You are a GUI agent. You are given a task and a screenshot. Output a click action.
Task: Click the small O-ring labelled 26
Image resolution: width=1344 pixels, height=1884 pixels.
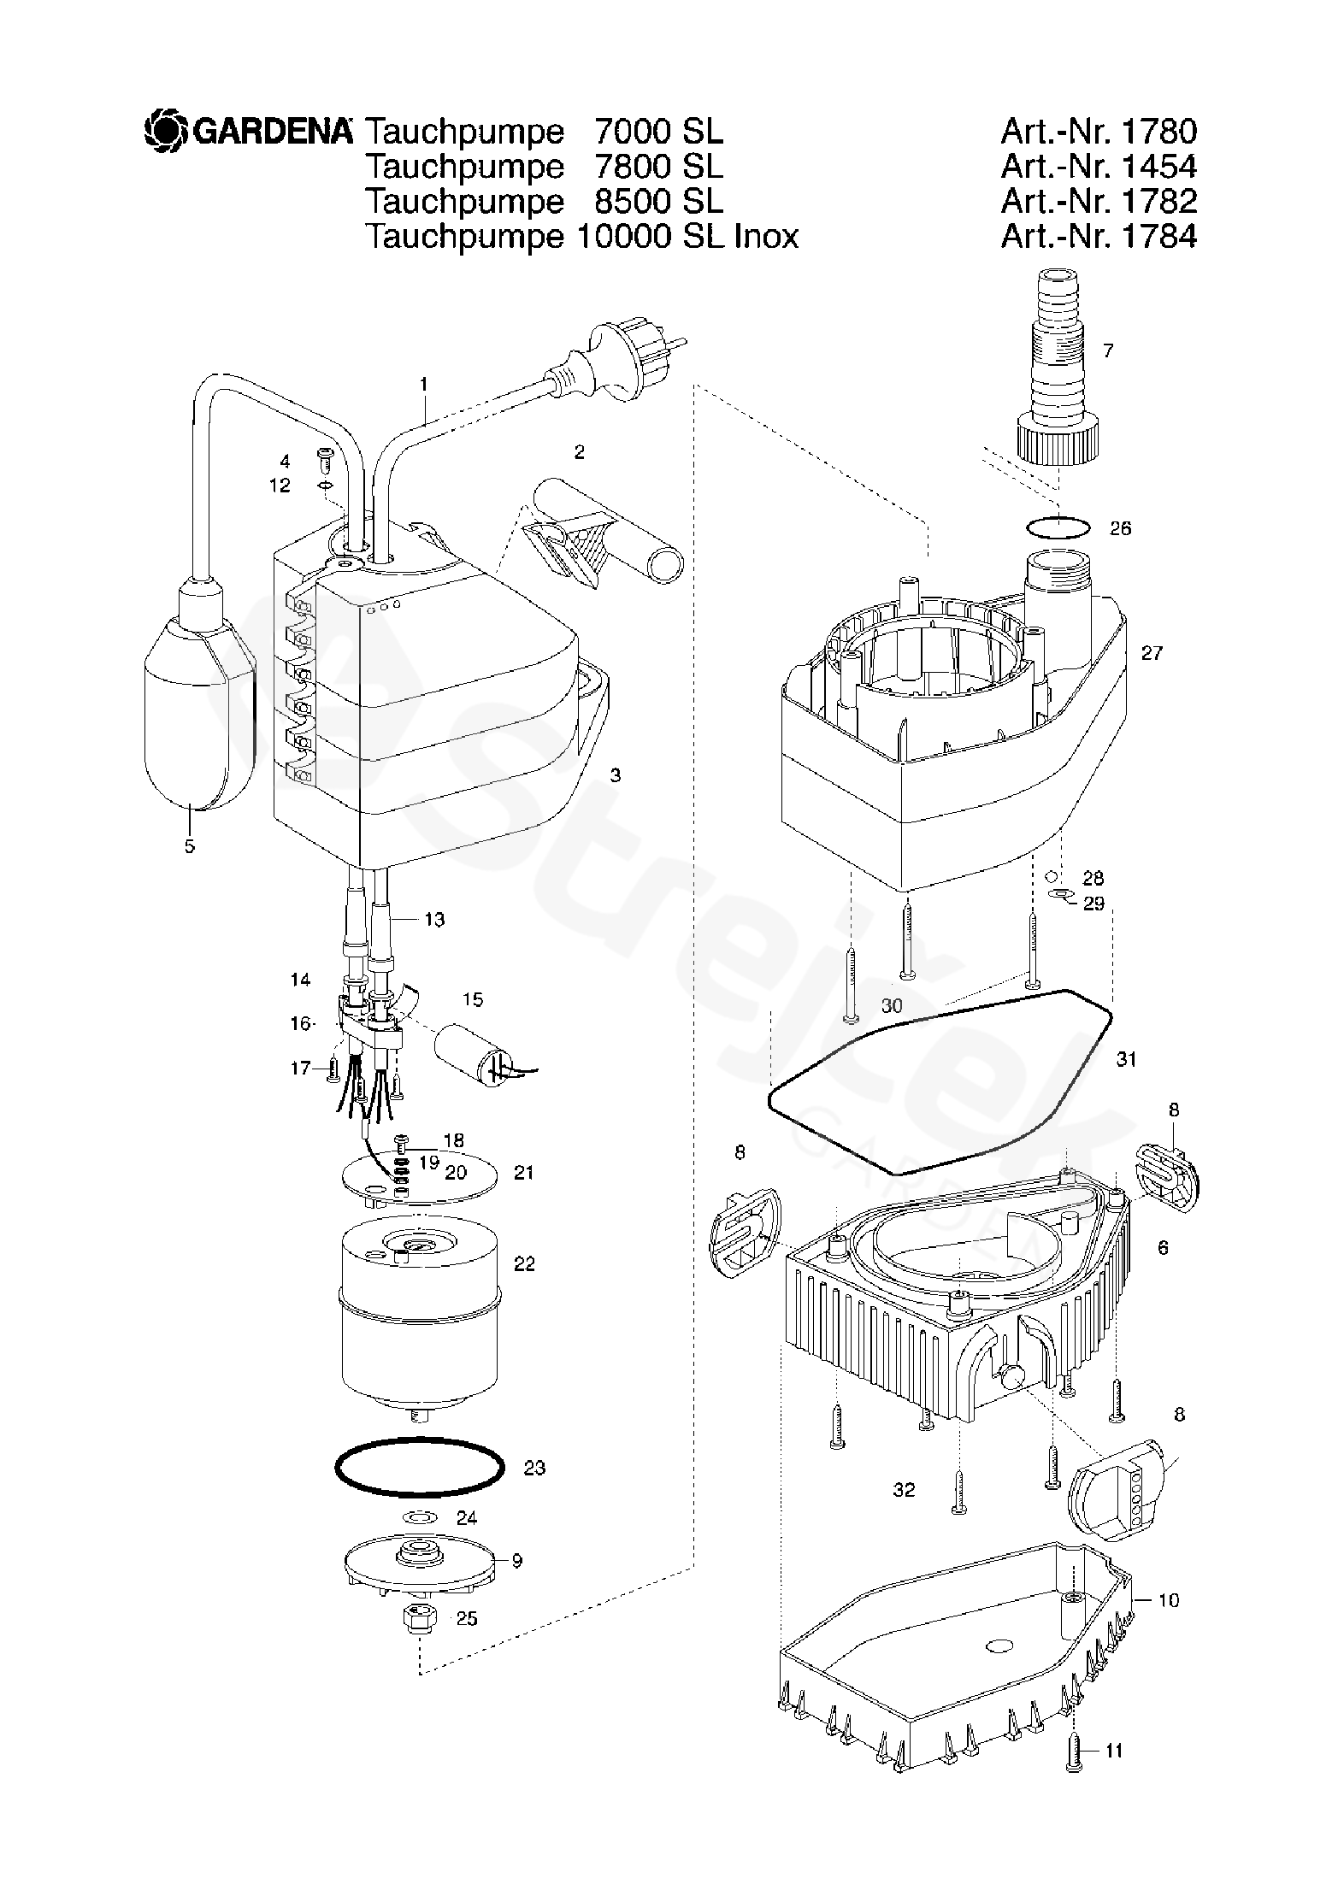[1058, 527]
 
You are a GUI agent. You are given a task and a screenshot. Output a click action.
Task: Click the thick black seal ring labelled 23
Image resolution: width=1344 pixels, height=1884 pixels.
[419, 1467]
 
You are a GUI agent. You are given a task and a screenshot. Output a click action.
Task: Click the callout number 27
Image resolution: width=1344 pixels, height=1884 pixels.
[1151, 653]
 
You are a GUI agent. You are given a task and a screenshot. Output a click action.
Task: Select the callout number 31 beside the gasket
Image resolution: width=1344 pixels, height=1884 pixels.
[1127, 1059]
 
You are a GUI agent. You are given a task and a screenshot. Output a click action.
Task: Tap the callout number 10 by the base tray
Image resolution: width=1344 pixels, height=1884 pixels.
[1168, 1599]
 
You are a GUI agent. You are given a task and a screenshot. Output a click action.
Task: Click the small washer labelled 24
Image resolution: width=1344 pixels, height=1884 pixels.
[419, 1517]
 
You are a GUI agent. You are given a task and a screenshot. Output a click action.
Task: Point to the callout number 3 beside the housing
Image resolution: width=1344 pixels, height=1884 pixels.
[615, 775]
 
